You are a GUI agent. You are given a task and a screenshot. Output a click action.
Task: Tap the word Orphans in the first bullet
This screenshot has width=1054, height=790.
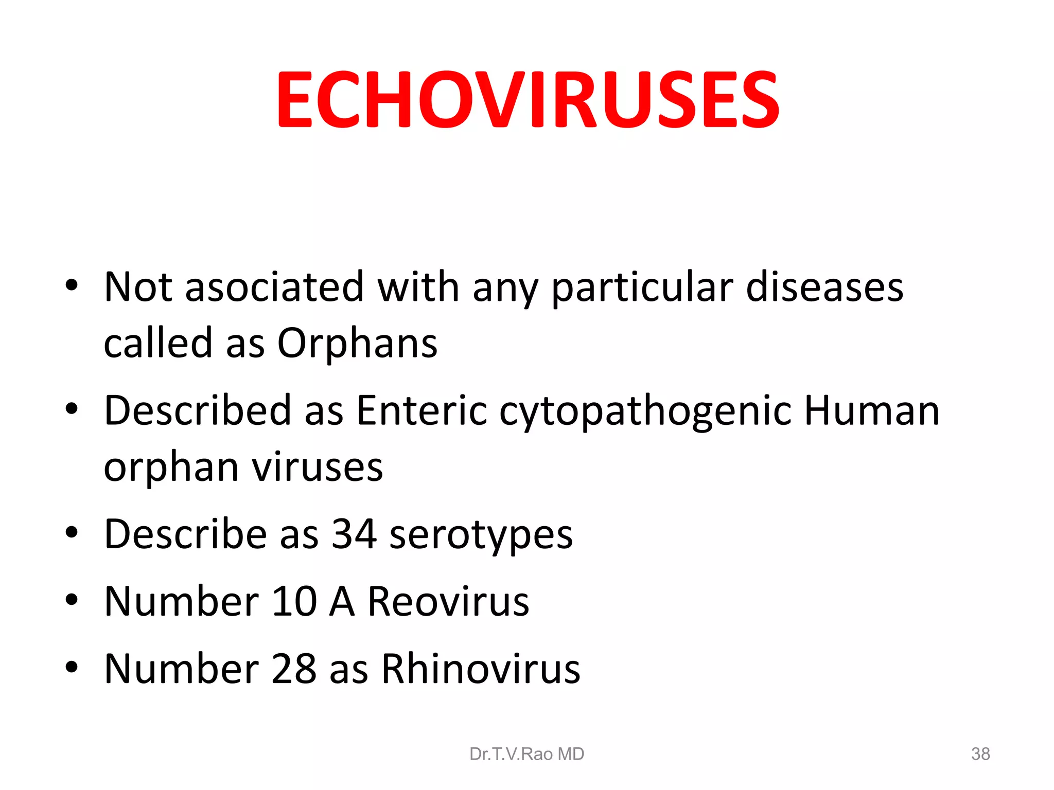click(x=357, y=343)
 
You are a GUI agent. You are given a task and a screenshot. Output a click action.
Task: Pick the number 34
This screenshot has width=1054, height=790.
click(x=354, y=534)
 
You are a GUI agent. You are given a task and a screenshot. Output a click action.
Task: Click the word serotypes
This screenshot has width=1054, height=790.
click(x=481, y=535)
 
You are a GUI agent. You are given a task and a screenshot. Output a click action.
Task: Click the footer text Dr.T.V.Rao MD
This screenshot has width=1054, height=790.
click(x=526, y=754)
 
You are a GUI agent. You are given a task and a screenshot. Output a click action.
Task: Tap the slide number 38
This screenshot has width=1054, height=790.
click(x=980, y=754)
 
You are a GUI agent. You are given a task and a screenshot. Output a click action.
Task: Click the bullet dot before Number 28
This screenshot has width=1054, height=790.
click(x=72, y=668)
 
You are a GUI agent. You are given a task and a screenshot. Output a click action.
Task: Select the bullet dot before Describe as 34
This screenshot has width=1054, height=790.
click(x=72, y=533)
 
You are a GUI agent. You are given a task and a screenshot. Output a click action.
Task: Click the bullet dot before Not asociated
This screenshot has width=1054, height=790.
click(x=72, y=285)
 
